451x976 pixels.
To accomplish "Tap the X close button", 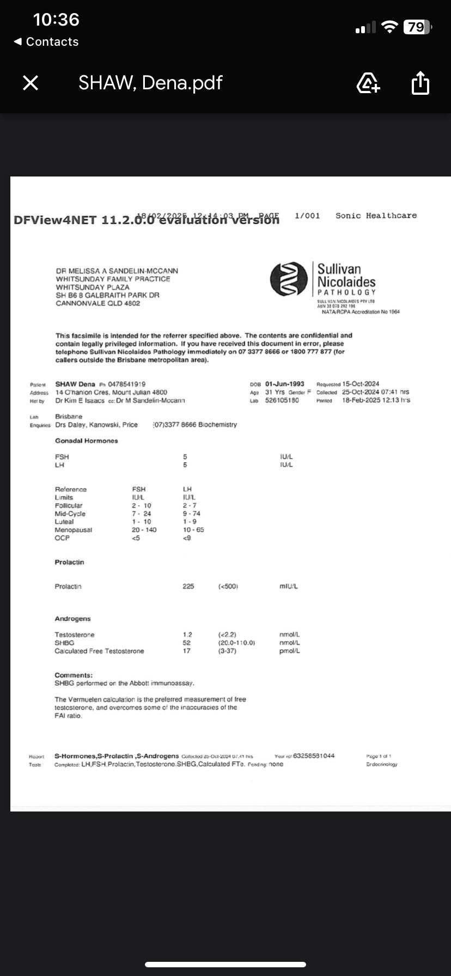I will (31, 83).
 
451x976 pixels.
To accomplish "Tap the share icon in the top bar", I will (420, 83).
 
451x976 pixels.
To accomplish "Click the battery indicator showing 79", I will (417, 27).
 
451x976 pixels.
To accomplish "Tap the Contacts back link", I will (47, 42).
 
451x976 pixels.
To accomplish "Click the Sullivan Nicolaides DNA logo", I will (289, 279).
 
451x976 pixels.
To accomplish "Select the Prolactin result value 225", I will (188, 587).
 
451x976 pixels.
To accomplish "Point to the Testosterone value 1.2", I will (187, 635).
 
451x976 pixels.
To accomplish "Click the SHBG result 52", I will (187, 643).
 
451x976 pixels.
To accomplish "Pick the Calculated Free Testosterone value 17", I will (187, 651).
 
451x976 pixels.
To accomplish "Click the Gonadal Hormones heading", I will (86, 441).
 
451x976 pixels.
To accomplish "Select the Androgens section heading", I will (72, 619).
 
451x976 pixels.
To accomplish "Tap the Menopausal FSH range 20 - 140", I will (144, 530).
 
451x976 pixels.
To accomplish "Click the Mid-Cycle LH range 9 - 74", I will (192, 514).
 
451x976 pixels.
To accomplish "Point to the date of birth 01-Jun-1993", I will (285, 384).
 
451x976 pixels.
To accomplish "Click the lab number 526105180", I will (282, 400).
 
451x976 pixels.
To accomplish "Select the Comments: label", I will (74, 675).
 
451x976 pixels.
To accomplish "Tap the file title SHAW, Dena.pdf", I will (150, 83).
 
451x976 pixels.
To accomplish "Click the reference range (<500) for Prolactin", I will (228, 587).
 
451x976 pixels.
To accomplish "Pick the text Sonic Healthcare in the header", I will (376, 216).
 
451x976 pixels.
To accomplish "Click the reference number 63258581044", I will (314, 756).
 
